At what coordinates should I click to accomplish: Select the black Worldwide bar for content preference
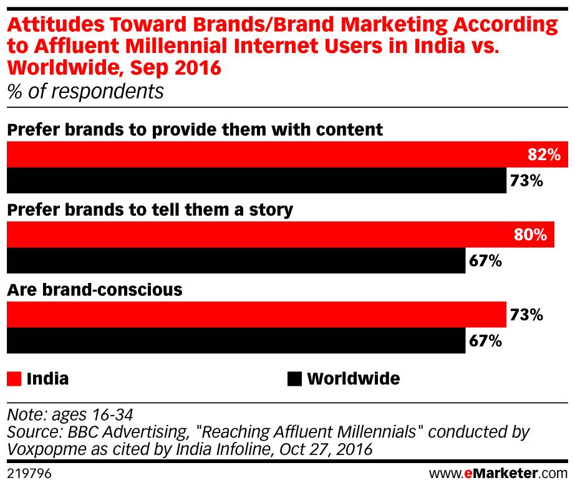pos(256,181)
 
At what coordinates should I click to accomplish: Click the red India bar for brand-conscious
pos(256,315)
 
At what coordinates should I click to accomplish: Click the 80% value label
pos(531,235)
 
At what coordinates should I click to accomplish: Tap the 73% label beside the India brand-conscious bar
pos(526,315)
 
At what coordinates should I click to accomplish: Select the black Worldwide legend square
pos(294,378)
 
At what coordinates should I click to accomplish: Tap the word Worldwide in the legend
pos(354,378)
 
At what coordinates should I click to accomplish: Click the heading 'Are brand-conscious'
pos(94,290)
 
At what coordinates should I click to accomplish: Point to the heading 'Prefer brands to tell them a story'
pos(150,210)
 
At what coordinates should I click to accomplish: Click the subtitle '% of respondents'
pos(85,92)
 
